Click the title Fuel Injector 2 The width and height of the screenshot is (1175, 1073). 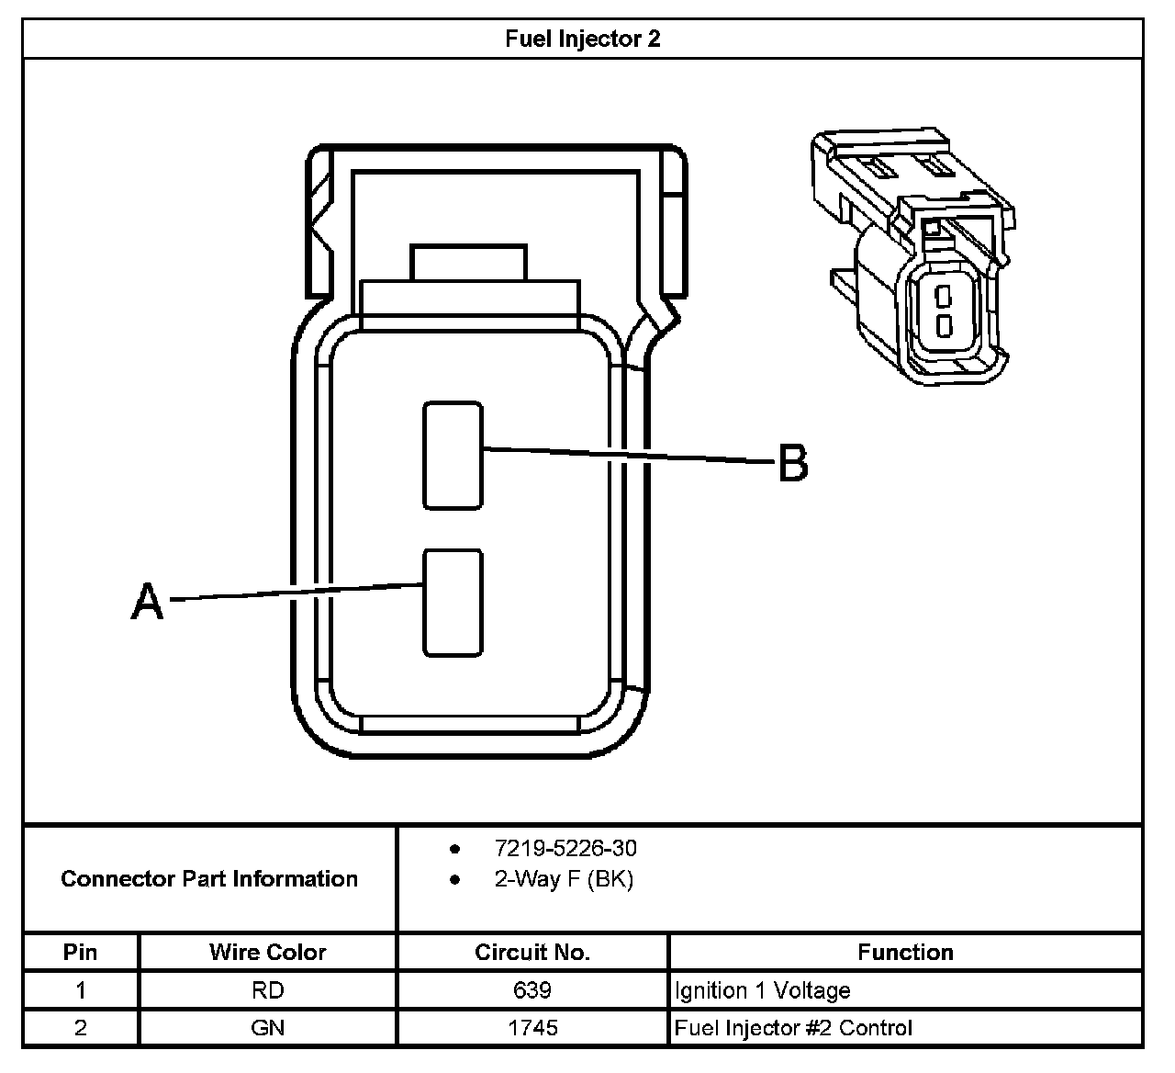(x=582, y=40)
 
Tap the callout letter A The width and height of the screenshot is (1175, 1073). (x=147, y=603)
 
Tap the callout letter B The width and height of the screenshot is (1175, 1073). (x=793, y=463)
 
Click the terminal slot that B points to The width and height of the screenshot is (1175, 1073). (x=453, y=455)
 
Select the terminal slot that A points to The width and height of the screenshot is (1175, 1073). (x=453, y=603)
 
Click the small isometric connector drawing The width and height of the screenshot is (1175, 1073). (x=913, y=257)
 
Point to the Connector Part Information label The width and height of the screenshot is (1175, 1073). (x=209, y=879)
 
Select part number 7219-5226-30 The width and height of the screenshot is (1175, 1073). (x=565, y=848)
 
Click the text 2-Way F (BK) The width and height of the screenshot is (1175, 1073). (x=564, y=879)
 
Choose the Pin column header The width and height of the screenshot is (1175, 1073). (x=81, y=952)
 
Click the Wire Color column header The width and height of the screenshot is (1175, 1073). (x=267, y=952)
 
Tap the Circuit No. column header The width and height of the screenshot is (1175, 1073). (x=532, y=952)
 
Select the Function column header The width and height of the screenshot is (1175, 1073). (x=905, y=952)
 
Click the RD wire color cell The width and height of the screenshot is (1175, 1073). (x=267, y=990)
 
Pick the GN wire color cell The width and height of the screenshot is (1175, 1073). (x=267, y=1027)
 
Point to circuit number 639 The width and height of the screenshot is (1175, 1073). (x=532, y=990)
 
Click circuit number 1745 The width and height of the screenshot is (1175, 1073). (x=532, y=1027)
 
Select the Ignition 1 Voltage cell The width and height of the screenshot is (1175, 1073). (x=762, y=990)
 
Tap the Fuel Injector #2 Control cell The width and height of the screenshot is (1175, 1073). (x=793, y=1027)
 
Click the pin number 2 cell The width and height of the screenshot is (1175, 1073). (x=81, y=1027)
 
